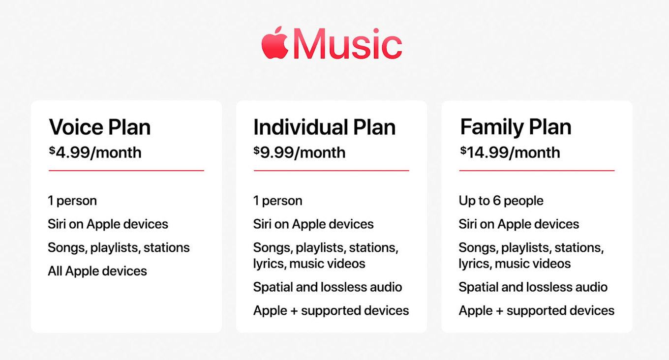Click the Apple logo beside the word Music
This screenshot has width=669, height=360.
275,43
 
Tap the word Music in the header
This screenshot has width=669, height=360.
348,44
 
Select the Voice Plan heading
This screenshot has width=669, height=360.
100,127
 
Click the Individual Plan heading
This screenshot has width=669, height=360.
324,127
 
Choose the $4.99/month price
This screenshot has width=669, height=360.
95,152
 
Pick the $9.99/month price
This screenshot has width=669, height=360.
300,152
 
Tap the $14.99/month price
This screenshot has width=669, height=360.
510,152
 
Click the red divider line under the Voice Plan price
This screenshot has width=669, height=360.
126,171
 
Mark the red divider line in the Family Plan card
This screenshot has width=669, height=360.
537,171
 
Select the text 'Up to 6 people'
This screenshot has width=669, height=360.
501,201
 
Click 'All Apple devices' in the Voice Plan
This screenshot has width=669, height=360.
97,271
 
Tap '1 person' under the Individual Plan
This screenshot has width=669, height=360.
278,201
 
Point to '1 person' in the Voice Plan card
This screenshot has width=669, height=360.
72,201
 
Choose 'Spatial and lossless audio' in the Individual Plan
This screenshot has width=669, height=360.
328,287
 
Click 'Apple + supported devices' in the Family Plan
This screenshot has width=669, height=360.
537,311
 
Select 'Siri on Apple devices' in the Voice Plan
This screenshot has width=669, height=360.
108,224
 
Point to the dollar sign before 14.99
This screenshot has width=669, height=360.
463,150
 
